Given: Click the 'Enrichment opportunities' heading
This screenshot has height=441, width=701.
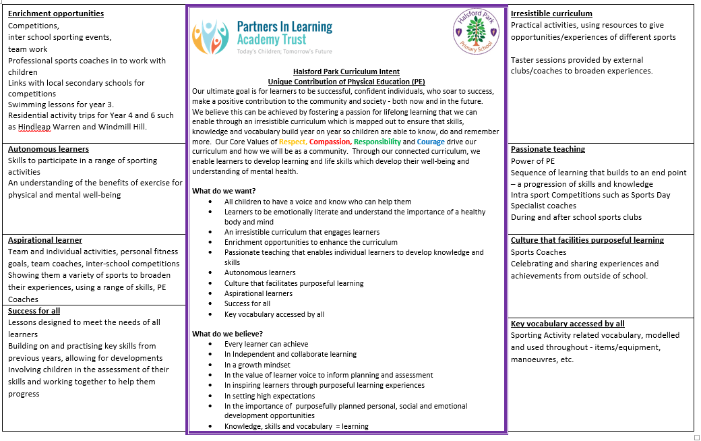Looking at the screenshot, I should (x=56, y=13).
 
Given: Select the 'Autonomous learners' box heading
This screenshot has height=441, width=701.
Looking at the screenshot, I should (x=49, y=149).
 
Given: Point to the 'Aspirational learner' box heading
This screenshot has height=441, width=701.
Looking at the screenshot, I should (x=45, y=240).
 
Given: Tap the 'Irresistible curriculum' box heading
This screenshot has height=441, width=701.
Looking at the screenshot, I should (x=551, y=13).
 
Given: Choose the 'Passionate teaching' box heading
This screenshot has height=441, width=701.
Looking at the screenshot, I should (x=548, y=149).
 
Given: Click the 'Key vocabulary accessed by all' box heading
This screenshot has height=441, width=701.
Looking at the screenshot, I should (x=568, y=324).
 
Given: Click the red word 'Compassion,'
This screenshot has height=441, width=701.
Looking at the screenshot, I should (x=330, y=142).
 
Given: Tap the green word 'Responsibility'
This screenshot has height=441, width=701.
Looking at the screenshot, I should (x=377, y=142).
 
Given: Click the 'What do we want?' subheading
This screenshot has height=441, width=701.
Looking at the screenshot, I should (x=224, y=191).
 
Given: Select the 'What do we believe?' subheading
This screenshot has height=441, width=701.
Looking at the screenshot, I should (x=227, y=334).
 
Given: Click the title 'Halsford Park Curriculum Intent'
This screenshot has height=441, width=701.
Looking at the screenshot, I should (x=346, y=71).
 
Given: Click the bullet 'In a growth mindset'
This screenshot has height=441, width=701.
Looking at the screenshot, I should (x=257, y=365).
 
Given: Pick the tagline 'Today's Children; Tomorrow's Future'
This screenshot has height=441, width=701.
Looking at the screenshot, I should (x=284, y=51).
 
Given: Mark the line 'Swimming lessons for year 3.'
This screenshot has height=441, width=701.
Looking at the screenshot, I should (x=61, y=105).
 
